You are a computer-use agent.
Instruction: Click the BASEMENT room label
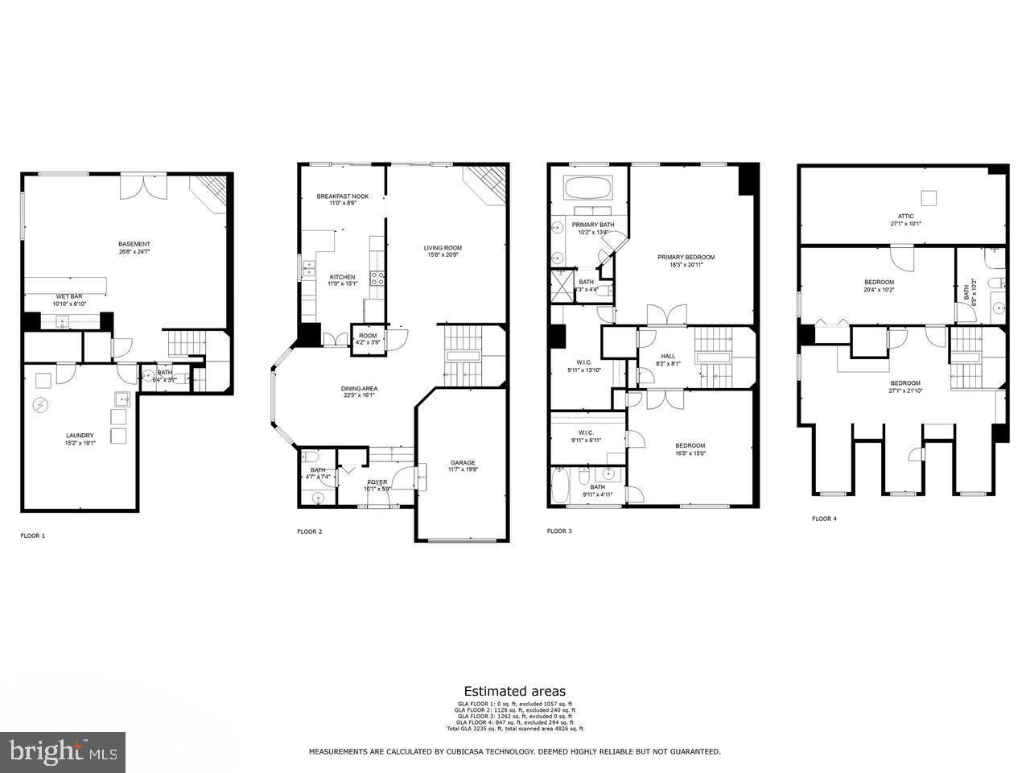(x=134, y=244)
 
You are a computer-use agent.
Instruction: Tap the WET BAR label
(x=69, y=296)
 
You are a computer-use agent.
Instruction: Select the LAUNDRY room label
(x=80, y=436)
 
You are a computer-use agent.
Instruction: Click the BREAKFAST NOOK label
(x=342, y=196)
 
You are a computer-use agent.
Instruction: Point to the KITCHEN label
(x=342, y=276)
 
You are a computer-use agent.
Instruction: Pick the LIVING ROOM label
(x=443, y=247)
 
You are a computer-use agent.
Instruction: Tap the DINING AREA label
(x=359, y=388)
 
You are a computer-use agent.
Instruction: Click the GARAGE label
(x=463, y=462)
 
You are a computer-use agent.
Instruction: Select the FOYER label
(x=377, y=482)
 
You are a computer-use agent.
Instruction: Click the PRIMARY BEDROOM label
(x=686, y=257)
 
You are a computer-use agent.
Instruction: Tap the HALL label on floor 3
(x=668, y=356)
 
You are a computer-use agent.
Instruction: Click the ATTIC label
(x=906, y=216)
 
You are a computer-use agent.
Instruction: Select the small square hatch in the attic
(x=929, y=196)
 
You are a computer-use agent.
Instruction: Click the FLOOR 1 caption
(x=33, y=535)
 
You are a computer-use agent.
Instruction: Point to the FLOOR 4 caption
(x=824, y=519)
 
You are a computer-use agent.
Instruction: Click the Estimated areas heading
(x=514, y=691)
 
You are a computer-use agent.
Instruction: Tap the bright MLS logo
(x=62, y=752)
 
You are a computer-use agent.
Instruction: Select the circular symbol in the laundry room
(x=39, y=406)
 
